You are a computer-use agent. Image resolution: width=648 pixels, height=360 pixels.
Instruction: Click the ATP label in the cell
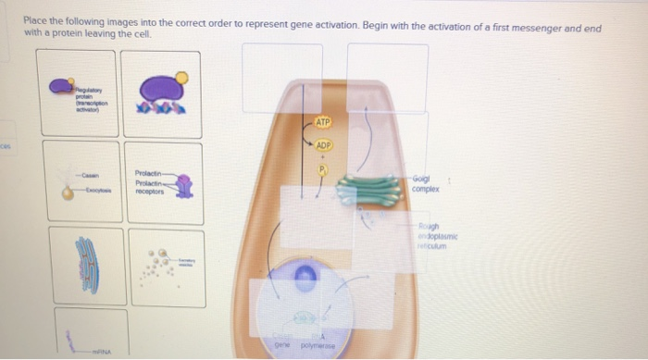coord(322,121)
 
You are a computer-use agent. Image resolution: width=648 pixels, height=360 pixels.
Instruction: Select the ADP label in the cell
coord(323,146)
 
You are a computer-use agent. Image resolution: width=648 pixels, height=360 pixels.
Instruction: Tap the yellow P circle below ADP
coord(322,169)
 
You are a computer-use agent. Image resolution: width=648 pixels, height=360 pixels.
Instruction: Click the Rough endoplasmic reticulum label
coord(435,236)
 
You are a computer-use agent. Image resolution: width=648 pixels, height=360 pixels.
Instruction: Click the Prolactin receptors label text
coord(149,183)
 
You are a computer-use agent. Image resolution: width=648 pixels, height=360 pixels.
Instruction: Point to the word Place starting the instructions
coord(34,19)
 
